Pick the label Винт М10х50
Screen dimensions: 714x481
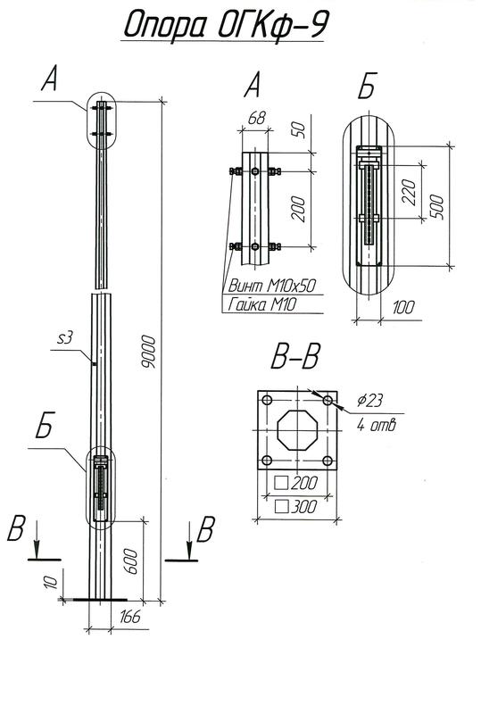click(x=269, y=287)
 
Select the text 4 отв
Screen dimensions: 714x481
click(x=376, y=425)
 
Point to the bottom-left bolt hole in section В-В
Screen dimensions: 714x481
click(x=265, y=461)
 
